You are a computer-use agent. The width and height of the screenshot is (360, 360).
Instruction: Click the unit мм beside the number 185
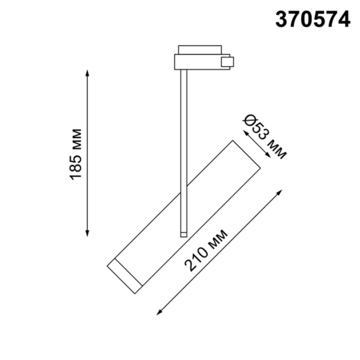click(76, 139)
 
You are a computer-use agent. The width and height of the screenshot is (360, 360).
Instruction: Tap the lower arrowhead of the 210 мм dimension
click(159, 312)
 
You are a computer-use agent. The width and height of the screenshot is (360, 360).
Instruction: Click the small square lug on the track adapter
click(227, 62)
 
